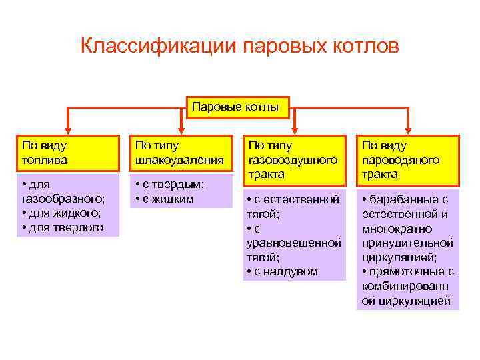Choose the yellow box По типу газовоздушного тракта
(294, 159)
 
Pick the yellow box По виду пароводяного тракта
(407, 159)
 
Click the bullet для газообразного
(63, 191)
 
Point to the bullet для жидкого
(62, 213)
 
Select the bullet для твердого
(63, 227)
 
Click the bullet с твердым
(171, 184)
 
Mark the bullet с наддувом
(283, 271)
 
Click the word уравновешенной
(294, 242)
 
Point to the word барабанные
(408, 199)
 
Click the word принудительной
(407, 242)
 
